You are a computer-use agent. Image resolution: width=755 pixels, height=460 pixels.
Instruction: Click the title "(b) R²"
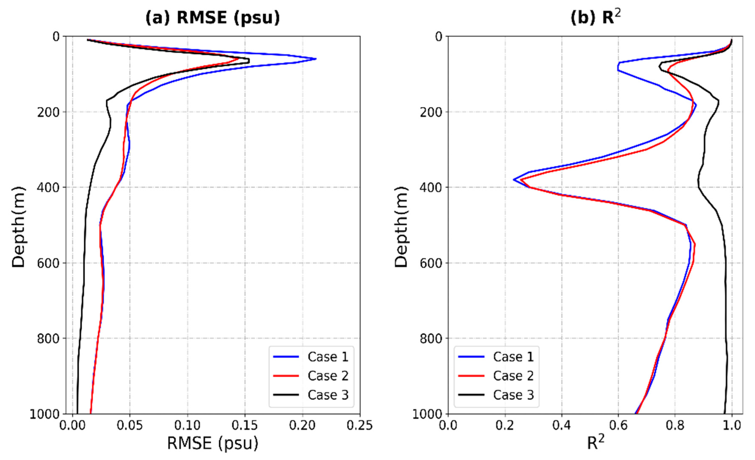pyautogui.click(x=595, y=18)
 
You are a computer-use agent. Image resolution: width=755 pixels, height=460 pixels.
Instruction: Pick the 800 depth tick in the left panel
pyautogui.click(x=48, y=339)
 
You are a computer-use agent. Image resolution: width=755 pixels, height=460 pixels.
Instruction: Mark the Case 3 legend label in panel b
pyautogui.click(x=513, y=395)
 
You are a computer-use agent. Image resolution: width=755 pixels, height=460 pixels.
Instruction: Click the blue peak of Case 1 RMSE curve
pyautogui.click(x=316, y=59)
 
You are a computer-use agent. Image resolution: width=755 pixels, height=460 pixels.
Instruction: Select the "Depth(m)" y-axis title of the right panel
pyautogui.click(x=401, y=227)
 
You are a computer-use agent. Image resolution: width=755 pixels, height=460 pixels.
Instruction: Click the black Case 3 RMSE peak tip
pyautogui.click(x=249, y=61)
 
